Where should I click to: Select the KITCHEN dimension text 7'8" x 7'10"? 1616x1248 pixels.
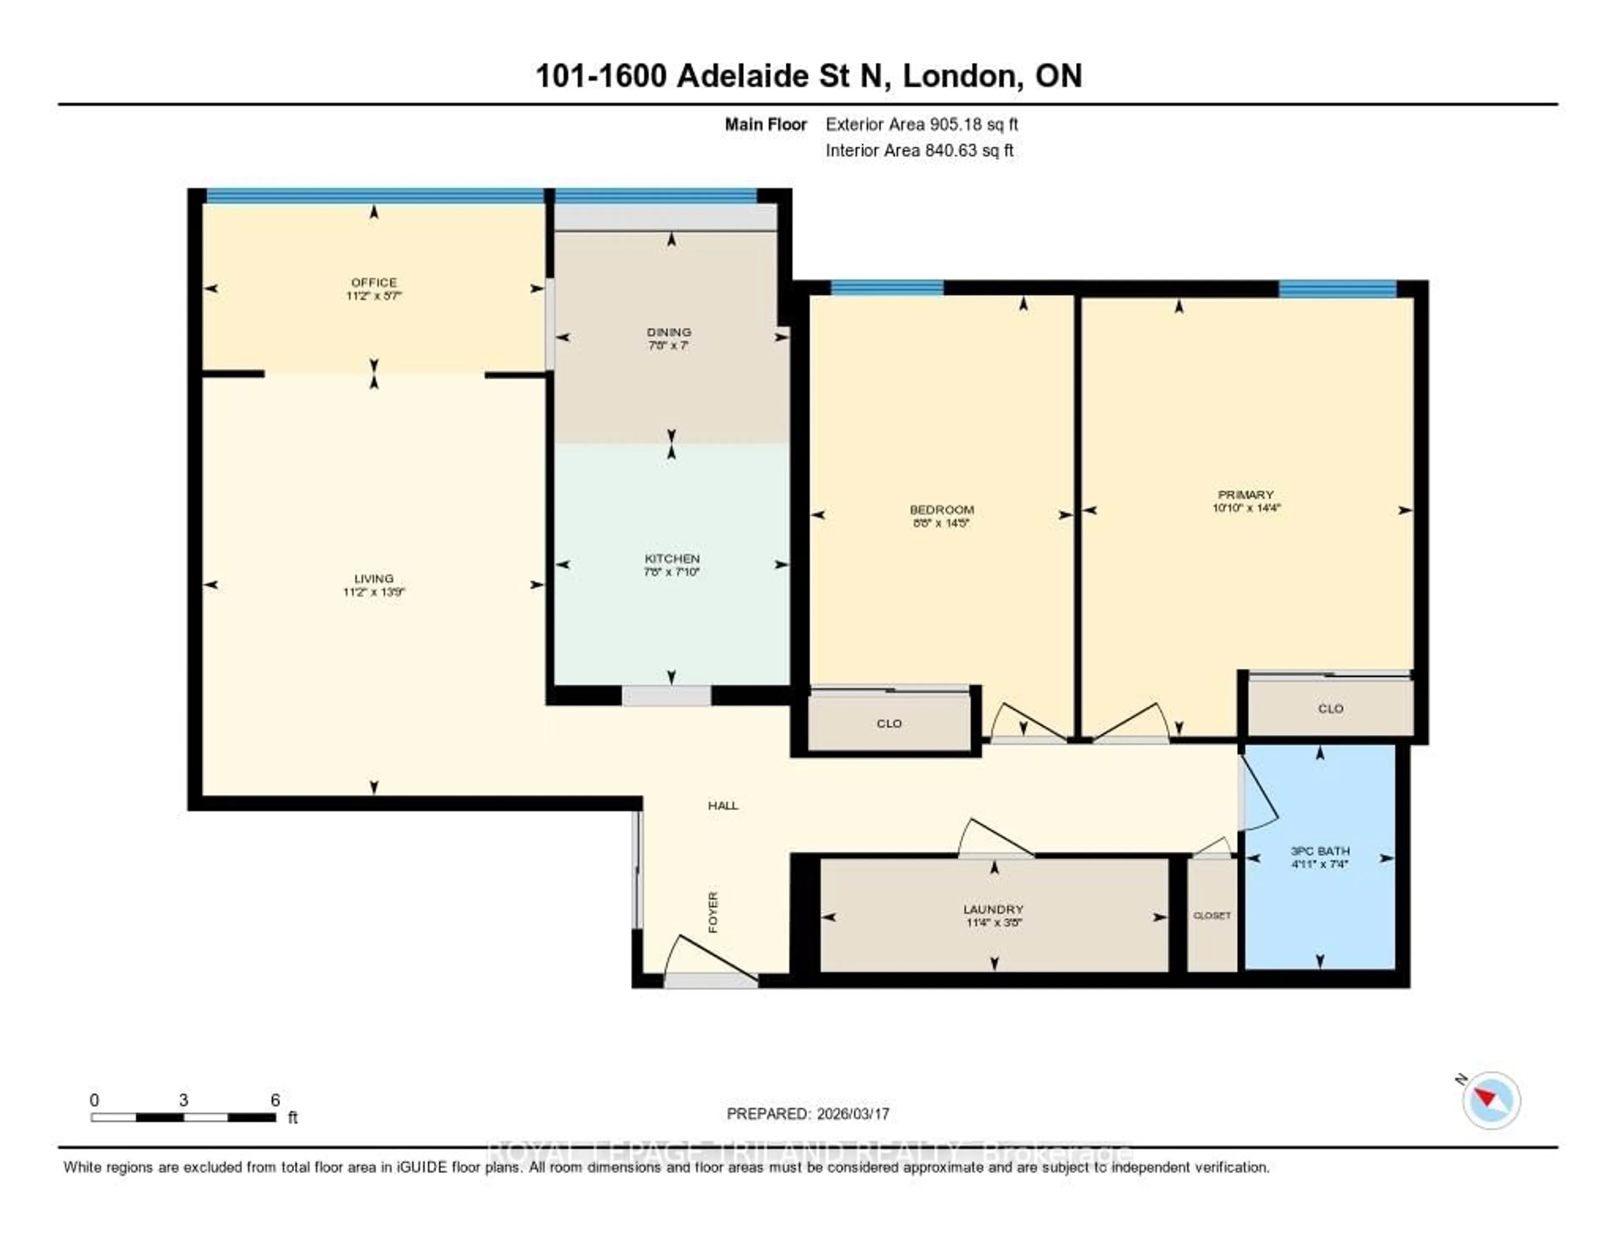point(671,572)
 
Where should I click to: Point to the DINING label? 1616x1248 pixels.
point(669,332)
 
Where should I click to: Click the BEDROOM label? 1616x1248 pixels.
point(941,510)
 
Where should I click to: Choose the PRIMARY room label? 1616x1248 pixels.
point(1246,494)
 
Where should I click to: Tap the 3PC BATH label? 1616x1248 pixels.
point(1320,851)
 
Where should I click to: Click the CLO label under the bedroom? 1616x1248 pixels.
point(889,723)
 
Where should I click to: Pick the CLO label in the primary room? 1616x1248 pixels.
point(1330,709)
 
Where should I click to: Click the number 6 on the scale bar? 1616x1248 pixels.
point(275,1100)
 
